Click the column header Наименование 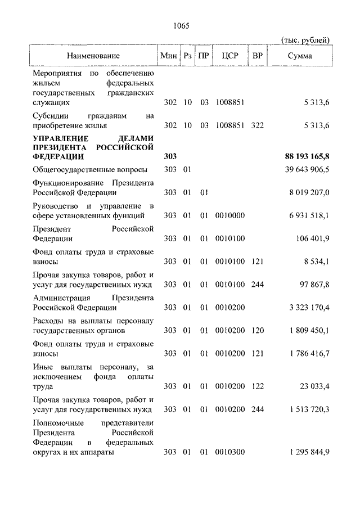coord(93,56)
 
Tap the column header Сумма coord(300,56)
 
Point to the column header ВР coord(258,56)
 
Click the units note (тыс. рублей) coord(305,39)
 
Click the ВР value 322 coord(258,125)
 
